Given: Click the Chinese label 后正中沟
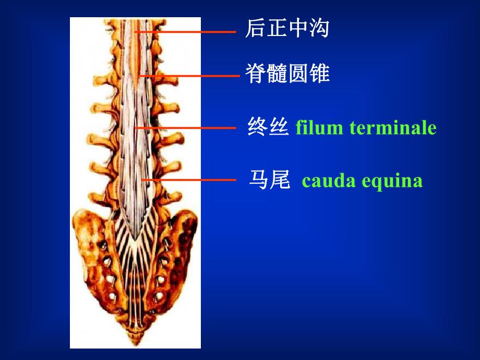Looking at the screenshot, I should [287, 29].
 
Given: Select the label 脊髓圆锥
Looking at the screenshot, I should [287, 74].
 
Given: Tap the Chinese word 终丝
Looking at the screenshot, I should [268, 127].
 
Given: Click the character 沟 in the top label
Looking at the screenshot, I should [319, 29].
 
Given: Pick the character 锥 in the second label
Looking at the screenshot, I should [319, 74].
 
